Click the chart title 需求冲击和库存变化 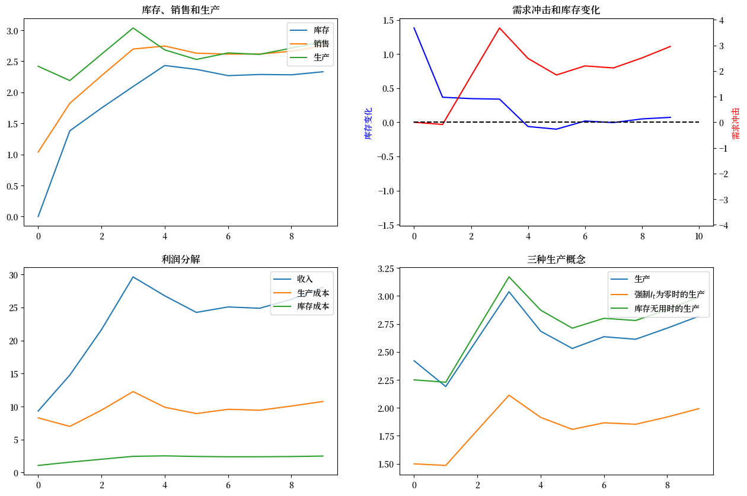tap(556, 10)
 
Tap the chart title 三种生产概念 tap(556, 260)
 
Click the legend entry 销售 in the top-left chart tap(321, 44)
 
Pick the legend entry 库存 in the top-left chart tap(321, 30)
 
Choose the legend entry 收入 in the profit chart tap(305, 279)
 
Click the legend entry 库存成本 tap(313, 306)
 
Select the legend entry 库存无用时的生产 tap(666, 309)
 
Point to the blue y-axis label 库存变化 tap(368, 123)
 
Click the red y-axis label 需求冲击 tap(736, 123)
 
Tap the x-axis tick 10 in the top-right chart tap(699, 236)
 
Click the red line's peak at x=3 tap(500, 28)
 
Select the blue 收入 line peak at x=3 tap(133, 277)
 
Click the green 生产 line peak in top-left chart tap(133, 28)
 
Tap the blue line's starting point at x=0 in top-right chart tap(414, 28)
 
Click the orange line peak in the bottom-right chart tap(509, 395)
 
